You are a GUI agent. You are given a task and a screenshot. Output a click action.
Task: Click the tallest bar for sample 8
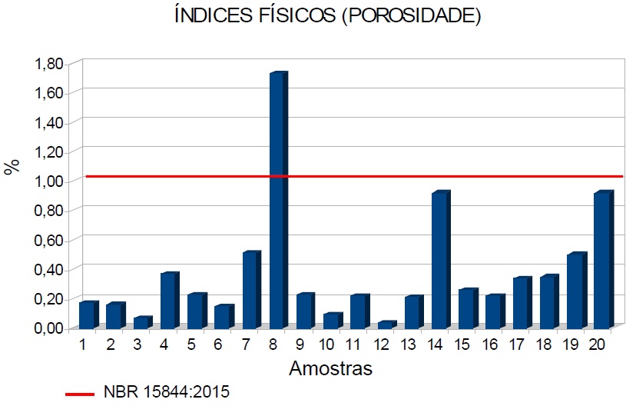(277, 200)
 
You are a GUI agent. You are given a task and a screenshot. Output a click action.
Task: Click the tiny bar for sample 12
(386, 325)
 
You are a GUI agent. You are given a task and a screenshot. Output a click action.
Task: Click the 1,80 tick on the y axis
(48, 64)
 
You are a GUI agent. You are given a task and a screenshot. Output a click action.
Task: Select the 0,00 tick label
(48, 328)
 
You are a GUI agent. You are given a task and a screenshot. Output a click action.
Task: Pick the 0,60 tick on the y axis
(48, 240)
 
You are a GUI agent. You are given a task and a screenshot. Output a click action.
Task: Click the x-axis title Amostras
(331, 369)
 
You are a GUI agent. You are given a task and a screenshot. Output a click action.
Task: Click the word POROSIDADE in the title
(412, 17)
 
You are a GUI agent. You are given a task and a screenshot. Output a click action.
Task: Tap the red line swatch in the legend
(80, 394)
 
